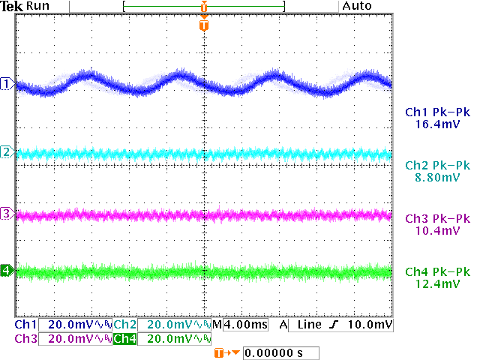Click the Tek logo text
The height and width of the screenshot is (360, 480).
point(11,6)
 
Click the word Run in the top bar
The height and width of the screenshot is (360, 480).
point(37,6)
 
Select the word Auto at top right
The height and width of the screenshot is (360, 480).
point(358,6)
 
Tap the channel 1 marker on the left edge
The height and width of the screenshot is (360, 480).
point(6,83)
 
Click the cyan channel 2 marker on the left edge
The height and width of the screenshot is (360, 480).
point(6,152)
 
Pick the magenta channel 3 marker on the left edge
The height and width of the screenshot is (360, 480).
point(6,214)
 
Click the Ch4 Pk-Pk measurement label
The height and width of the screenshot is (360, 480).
point(437,271)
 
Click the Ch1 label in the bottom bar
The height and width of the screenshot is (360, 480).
point(25,325)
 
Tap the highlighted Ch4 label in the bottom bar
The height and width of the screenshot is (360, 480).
point(124,339)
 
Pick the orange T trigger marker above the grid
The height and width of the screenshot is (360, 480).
point(204,25)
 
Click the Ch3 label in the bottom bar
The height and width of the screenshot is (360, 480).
point(25,339)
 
